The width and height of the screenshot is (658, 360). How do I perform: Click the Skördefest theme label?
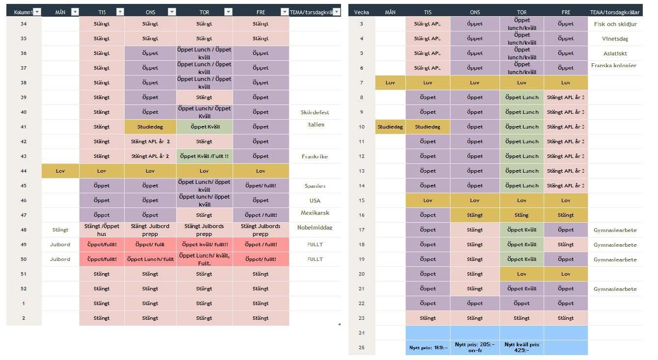(x=315, y=112)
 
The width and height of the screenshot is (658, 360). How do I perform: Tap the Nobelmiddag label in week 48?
(x=315, y=228)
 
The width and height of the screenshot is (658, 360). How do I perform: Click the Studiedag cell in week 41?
(x=150, y=127)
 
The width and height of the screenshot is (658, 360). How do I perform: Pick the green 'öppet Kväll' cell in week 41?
(x=204, y=127)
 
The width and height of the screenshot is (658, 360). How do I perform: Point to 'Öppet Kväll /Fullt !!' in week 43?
(x=204, y=156)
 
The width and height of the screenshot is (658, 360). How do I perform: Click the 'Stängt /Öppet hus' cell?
(x=102, y=230)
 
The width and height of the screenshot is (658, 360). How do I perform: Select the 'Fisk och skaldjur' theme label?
(x=615, y=24)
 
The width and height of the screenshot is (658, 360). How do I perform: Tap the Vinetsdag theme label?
(x=615, y=39)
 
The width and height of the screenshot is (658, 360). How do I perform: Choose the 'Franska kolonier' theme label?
(x=614, y=66)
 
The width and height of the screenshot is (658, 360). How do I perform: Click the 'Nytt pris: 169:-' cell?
(x=428, y=348)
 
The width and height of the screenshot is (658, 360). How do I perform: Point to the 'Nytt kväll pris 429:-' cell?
(x=522, y=348)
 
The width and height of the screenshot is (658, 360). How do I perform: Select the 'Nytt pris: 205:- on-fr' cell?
(x=474, y=348)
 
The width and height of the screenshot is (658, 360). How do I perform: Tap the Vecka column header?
(x=361, y=12)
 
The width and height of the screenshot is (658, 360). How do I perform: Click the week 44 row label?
(x=24, y=171)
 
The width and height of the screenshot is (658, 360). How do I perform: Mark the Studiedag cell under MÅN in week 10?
(x=390, y=127)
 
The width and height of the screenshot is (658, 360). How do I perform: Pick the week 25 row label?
(x=362, y=348)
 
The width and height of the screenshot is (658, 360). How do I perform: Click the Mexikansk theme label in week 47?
(x=315, y=213)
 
